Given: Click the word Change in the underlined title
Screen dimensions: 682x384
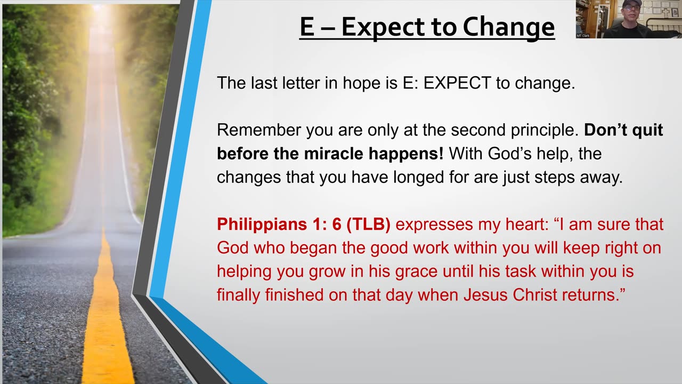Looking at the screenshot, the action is click(509, 27).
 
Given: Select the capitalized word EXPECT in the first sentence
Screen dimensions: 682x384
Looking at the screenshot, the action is click(457, 83).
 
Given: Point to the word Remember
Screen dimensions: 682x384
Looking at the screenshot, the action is click(259, 130).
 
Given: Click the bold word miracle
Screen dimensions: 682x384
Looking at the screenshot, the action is click(334, 154).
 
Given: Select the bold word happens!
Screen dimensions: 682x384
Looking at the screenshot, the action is click(406, 154).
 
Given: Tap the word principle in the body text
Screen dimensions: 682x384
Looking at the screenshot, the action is click(545, 131).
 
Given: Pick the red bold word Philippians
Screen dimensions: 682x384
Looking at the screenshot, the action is click(262, 225).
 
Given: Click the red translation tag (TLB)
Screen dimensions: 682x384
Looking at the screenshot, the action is click(368, 225).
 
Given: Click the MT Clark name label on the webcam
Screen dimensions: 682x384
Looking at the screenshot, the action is click(583, 36).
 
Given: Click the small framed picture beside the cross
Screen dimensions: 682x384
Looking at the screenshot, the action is click(675, 13).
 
